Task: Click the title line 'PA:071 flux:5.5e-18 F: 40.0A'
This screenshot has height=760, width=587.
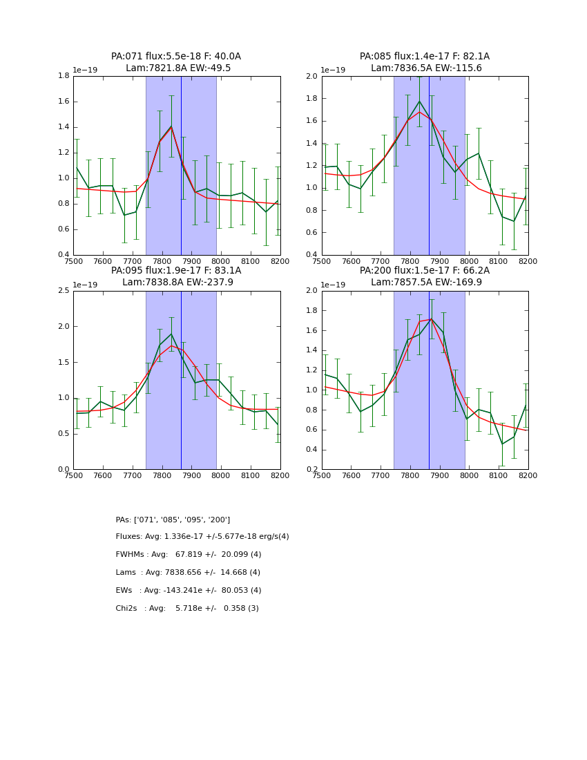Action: pos(176,57)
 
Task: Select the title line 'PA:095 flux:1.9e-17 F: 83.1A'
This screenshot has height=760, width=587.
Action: pos(176,271)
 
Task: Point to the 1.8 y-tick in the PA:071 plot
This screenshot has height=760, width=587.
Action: pos(63,76)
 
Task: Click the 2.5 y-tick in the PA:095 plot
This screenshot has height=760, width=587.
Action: pos(63,291)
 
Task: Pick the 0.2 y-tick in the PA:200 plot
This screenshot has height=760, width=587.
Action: pos(311,470)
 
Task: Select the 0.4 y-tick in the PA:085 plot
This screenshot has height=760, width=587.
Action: pos(311,255)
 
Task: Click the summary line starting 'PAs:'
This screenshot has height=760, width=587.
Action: pos(173,520)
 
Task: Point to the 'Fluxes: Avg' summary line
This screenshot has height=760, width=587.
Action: pos(202,537)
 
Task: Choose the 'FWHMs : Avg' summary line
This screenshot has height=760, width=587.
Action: pos(189,555)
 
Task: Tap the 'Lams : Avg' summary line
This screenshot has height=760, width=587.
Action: pos(188,573)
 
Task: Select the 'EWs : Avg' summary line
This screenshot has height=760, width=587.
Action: pos(189,591)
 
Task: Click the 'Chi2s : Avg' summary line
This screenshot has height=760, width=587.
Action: pos(187,609)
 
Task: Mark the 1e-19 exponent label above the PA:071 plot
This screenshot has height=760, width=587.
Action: pos(86,70)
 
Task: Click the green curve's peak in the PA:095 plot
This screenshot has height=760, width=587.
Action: pos(171,334)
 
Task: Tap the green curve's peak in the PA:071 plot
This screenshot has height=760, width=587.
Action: pos(171,126)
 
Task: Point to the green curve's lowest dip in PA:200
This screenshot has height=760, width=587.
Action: pos(502,444)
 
